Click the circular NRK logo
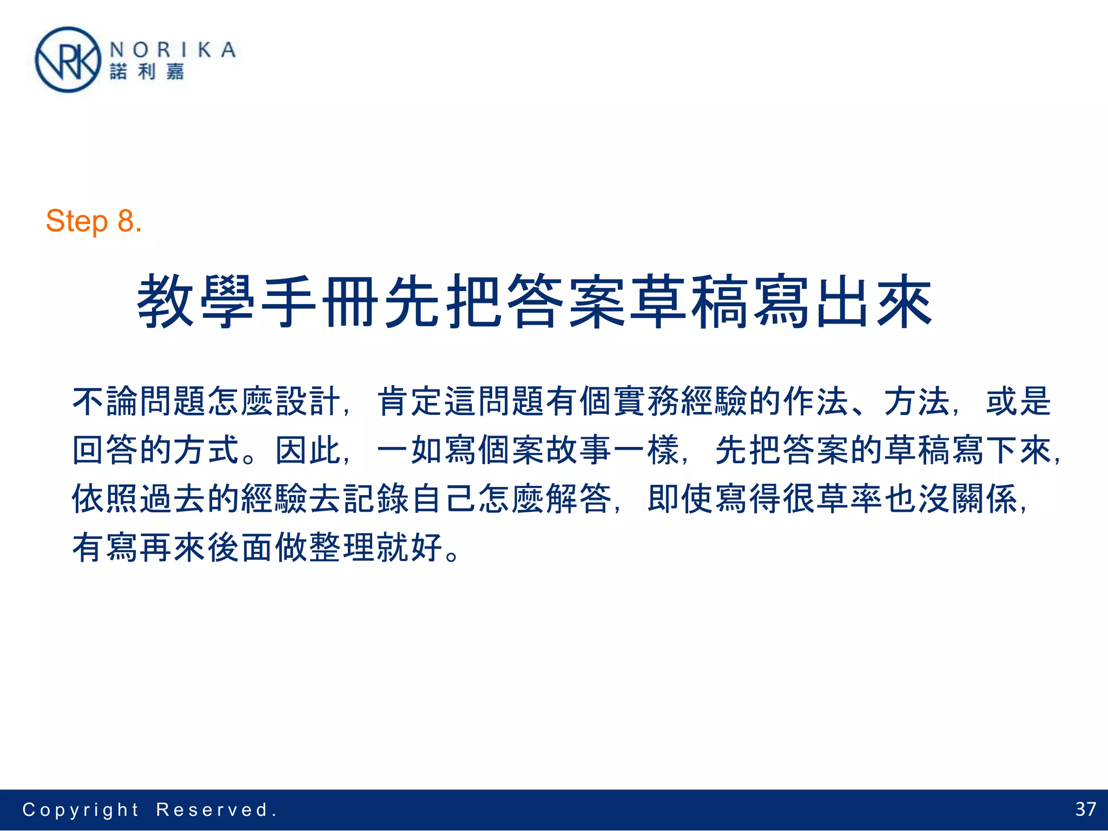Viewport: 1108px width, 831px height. click(x=68, y=60)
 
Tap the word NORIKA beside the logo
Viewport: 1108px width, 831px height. click(x=173, y=50)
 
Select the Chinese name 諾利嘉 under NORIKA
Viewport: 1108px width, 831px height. click(x=147, y=72)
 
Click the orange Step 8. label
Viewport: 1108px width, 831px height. click(x=94, y=221)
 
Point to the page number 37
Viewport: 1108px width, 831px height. click(x=1085, y=809)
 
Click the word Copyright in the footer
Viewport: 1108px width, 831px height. click(x=81, y=810)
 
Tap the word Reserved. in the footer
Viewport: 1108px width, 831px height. click(x=216, y=810)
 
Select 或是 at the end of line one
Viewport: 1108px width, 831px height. click(x=1019, y=401)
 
